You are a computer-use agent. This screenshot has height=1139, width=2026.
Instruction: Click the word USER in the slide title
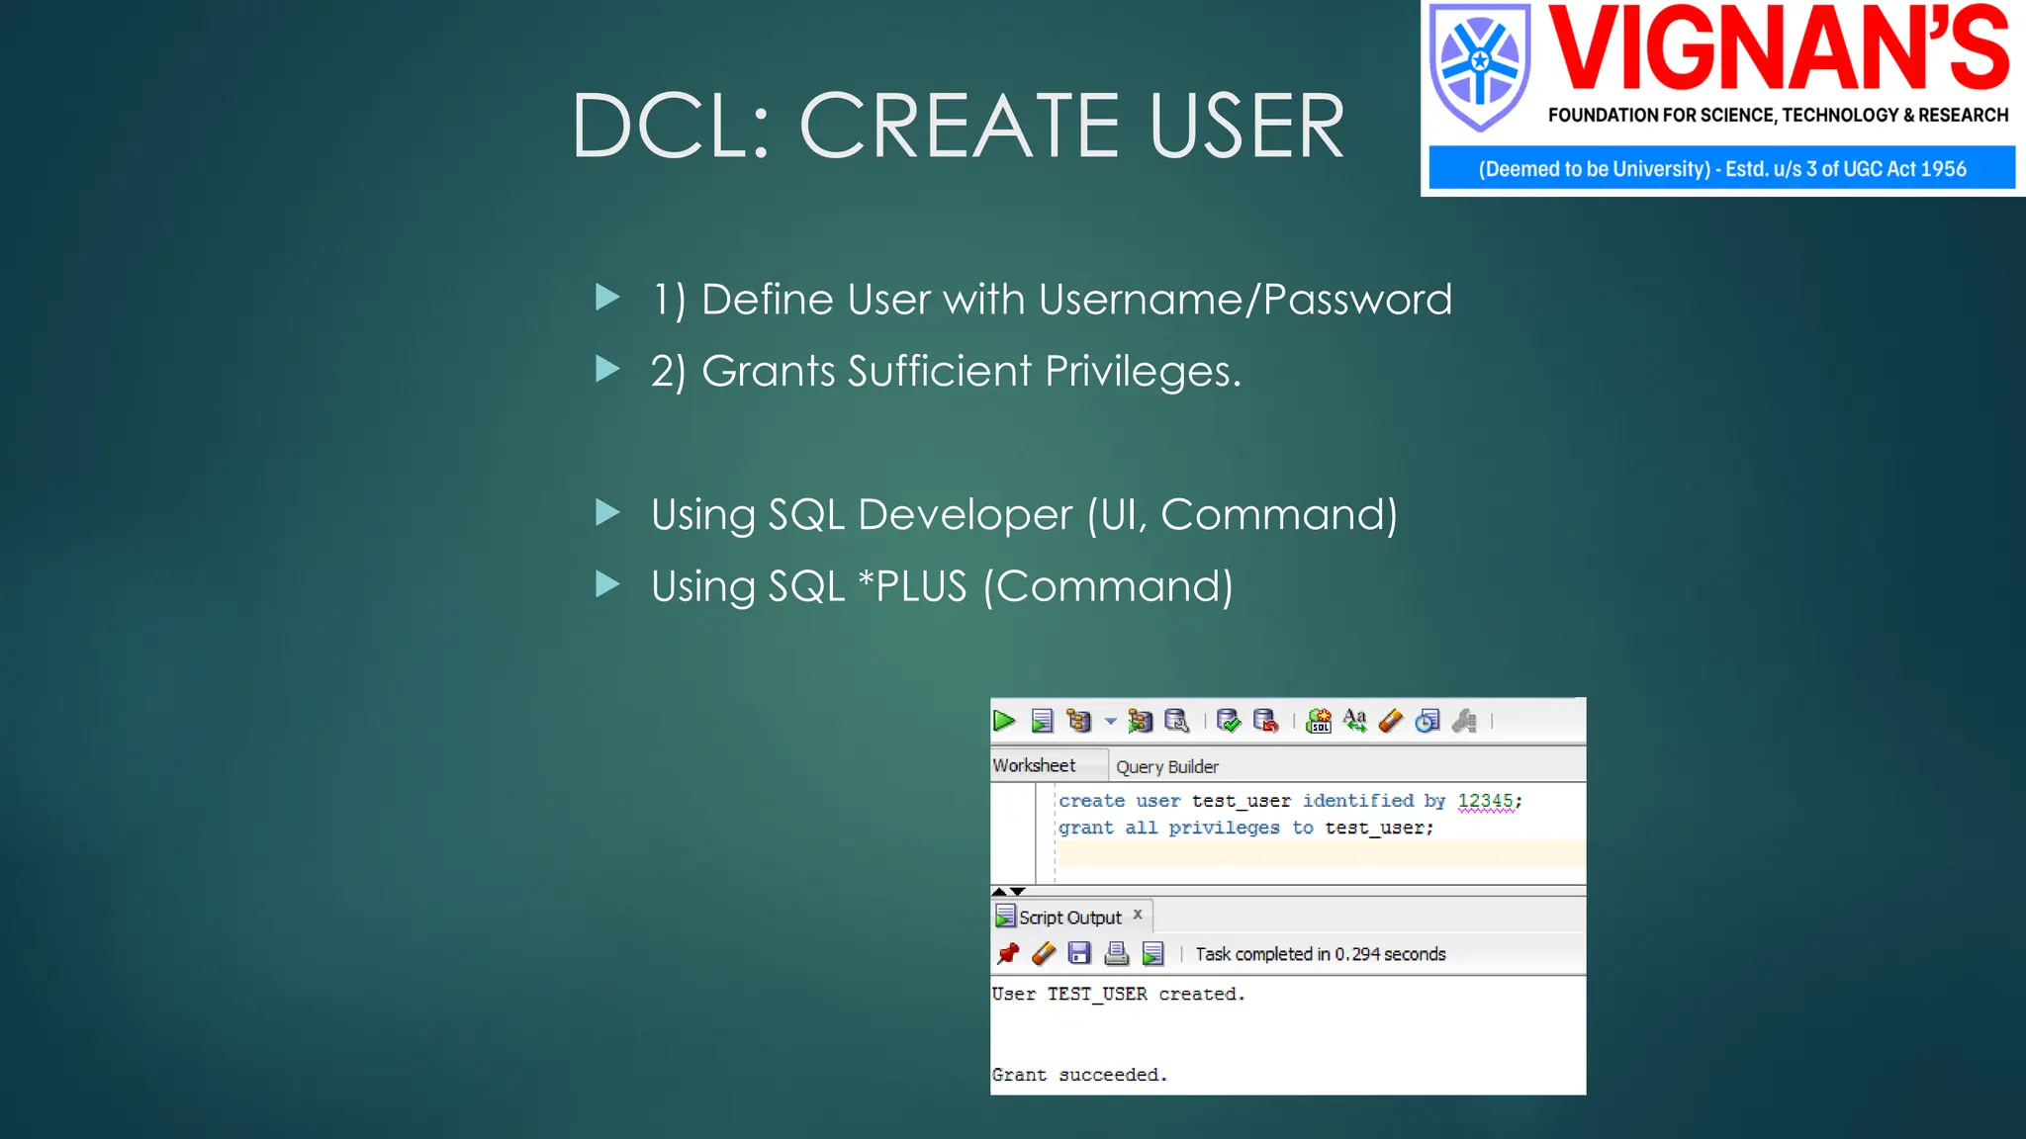click(1245, 127)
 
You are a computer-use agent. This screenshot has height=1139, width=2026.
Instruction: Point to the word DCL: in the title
click(671, 127)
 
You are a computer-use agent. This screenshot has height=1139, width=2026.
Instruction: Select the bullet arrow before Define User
click(607, 297)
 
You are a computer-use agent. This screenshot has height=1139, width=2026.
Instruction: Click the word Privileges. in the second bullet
click(1143, 372)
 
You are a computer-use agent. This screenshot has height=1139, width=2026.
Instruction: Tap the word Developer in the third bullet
click(965, 515)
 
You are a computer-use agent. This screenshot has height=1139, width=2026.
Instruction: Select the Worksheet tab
click(1034, 765)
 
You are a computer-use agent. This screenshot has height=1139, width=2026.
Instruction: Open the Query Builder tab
click(1167, 767)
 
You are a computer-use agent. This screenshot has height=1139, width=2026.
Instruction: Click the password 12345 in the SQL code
click(1485, 801)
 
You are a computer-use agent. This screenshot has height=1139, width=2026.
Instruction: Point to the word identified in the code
click(1357, 801)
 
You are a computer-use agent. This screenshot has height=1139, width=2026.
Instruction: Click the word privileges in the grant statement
click(1224, 829)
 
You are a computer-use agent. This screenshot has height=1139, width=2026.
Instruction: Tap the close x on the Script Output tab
click(1138, 915)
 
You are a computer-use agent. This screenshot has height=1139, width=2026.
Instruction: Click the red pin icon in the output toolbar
click(1008, 954)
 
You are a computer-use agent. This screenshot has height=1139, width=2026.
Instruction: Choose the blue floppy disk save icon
click(1079, 954)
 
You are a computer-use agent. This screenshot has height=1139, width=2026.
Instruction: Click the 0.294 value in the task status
click(1357, 954)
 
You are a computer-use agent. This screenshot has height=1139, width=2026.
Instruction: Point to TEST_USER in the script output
click(1097, 995)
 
